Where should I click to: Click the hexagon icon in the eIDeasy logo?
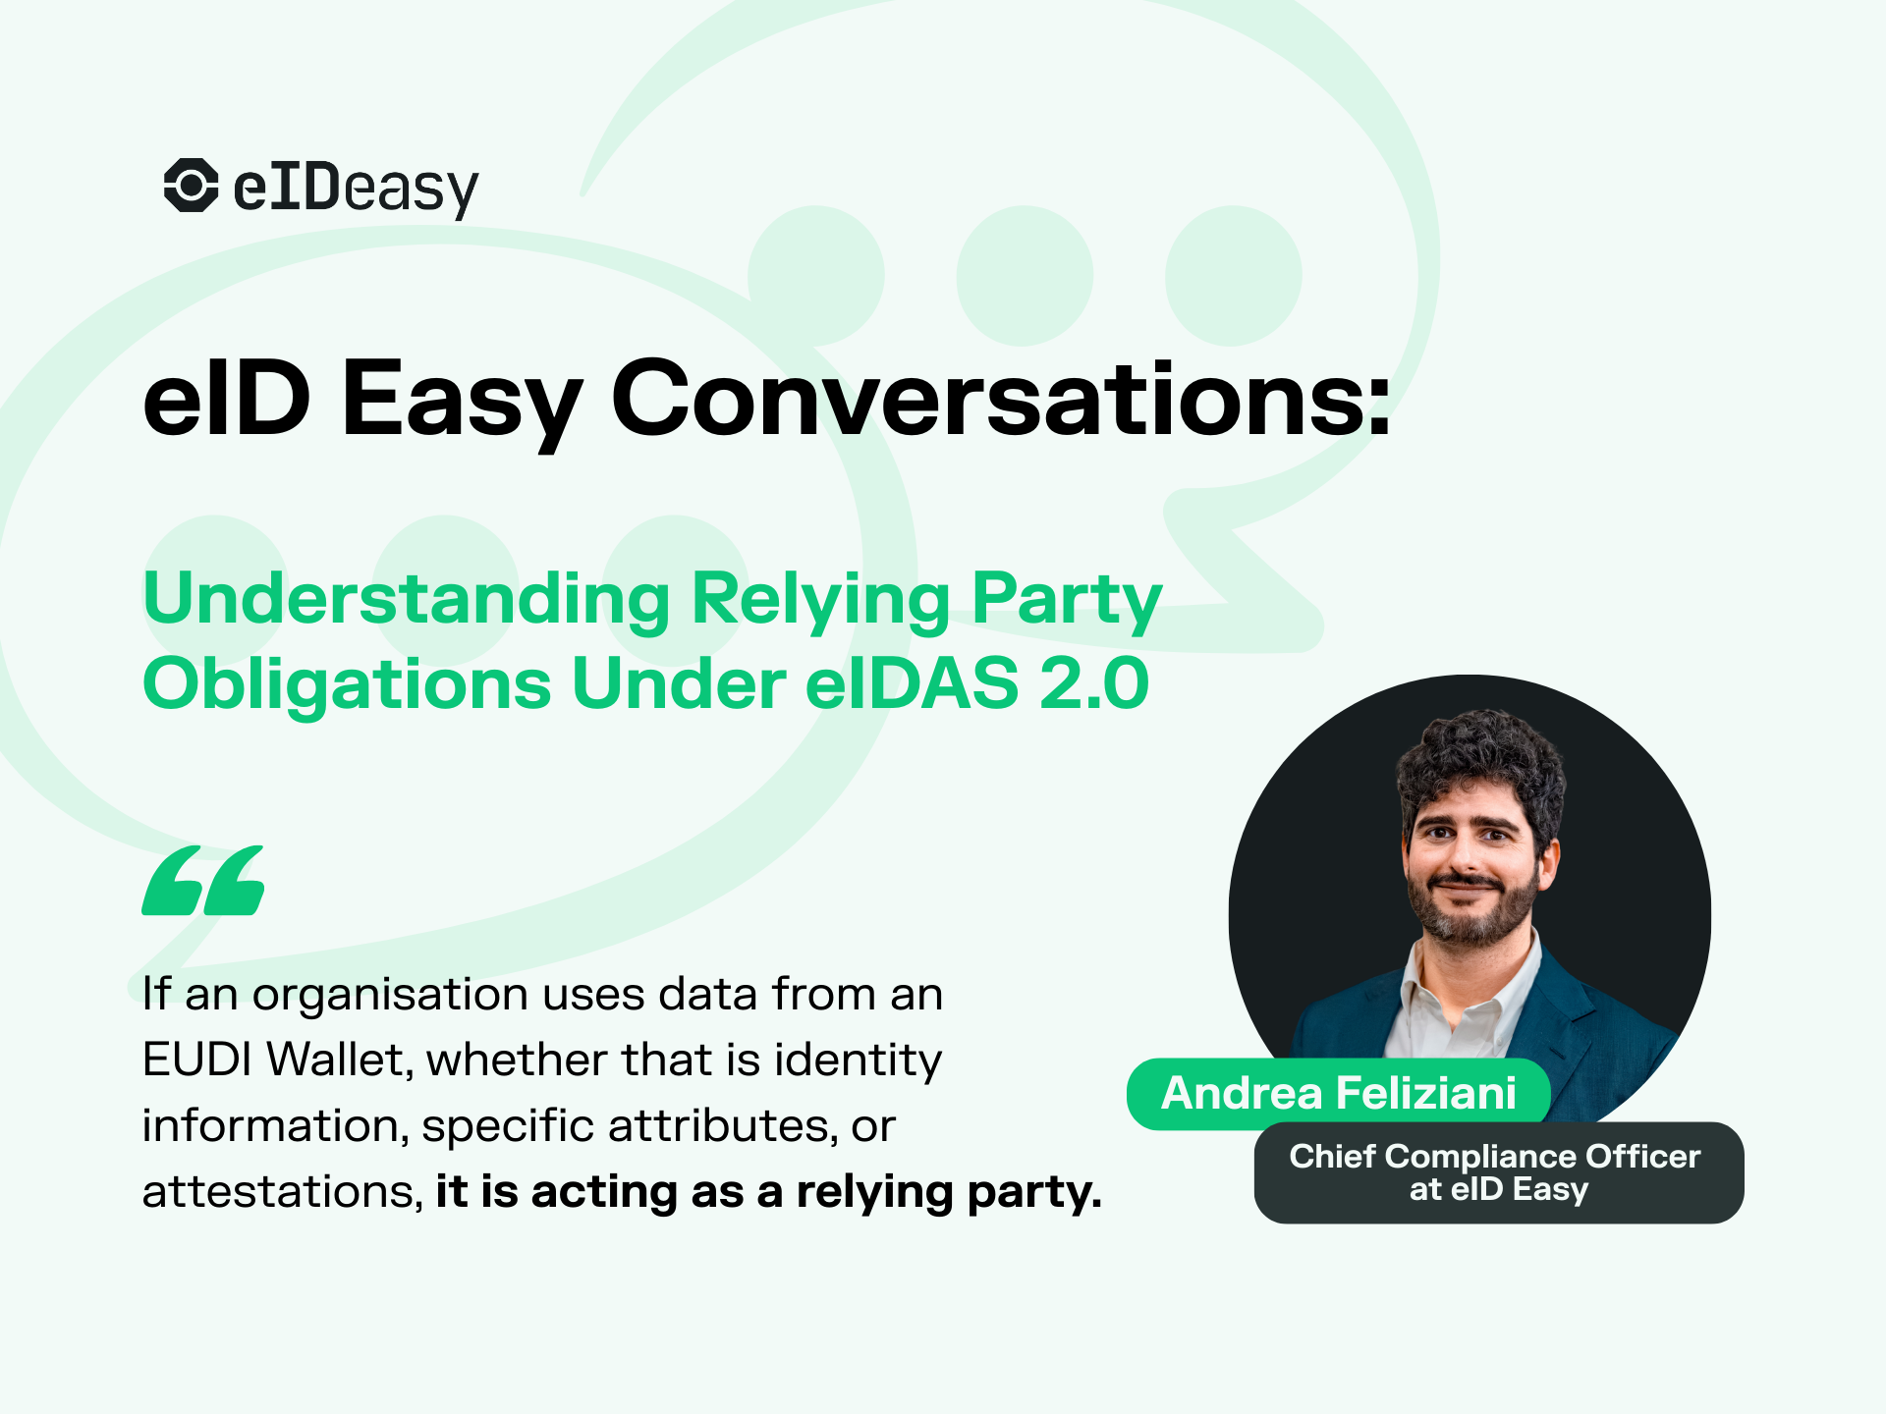(191, 185)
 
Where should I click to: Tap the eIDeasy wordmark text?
(356, 189)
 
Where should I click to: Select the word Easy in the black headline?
(461, 401)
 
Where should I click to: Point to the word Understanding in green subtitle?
(406, 599)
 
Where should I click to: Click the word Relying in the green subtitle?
(820, 599)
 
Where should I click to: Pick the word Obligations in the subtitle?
(347, 683)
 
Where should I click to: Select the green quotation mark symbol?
(203, 881)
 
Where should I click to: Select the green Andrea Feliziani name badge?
(1338, 1094)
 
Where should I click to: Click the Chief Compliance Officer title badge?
(1498, 1172)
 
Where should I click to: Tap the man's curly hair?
(1478, 761)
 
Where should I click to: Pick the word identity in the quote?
(858, 1060)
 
